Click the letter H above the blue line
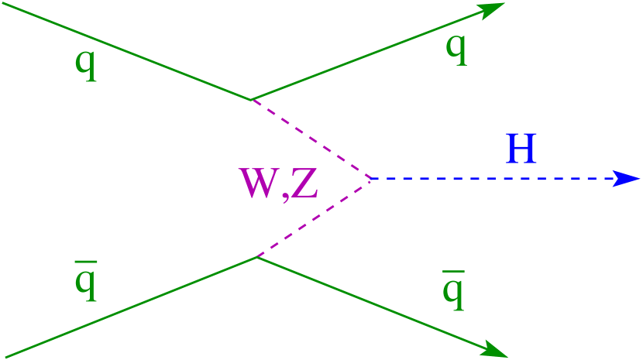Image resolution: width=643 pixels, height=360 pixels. point(521,149)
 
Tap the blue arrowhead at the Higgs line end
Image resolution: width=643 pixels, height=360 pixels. point(628,178)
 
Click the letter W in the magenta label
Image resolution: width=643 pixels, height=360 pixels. point(261,184)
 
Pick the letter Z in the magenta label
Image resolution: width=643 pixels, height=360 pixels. point(304,184)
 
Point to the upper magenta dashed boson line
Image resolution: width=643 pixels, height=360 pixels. point(310,139)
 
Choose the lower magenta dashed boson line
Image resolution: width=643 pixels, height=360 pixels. point(314,218)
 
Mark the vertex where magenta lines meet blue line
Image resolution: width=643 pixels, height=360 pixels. point(370,178)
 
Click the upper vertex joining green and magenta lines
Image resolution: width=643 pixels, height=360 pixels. point(250,99)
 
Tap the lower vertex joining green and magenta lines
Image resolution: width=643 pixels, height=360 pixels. point(256,256)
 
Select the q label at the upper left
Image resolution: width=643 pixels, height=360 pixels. point(86,62)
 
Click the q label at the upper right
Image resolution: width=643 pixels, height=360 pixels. point(456,47)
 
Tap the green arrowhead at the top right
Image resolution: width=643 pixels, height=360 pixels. point(491,9)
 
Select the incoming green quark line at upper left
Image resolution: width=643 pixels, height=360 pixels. point(124,50)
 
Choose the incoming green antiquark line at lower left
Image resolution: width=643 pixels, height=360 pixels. point(128,308)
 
